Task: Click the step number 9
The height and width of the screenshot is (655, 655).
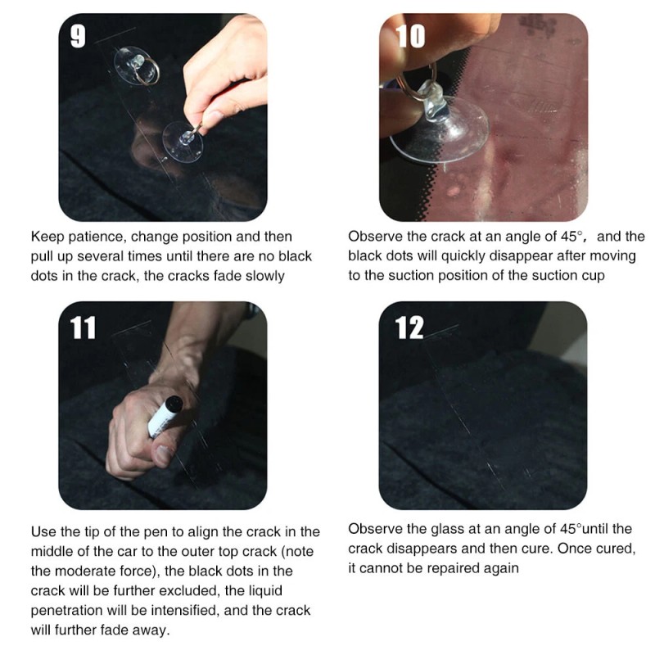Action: click(x=78, y=37)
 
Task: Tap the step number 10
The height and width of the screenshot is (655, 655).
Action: click(x=410, y=37)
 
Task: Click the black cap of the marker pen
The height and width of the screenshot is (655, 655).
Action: click(x=174, y=404)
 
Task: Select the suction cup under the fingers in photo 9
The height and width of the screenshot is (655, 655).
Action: click(x=183, y=141)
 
